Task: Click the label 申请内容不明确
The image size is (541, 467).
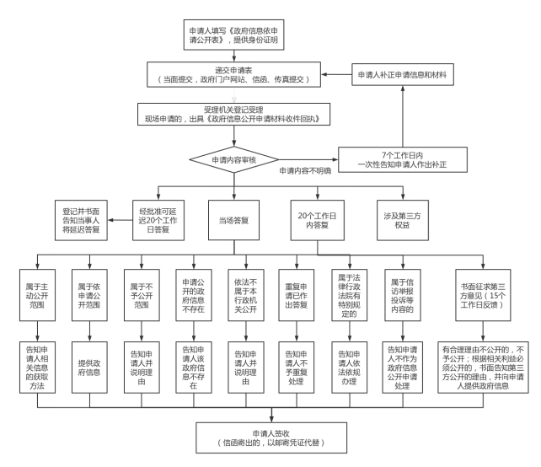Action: [308, 170]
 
